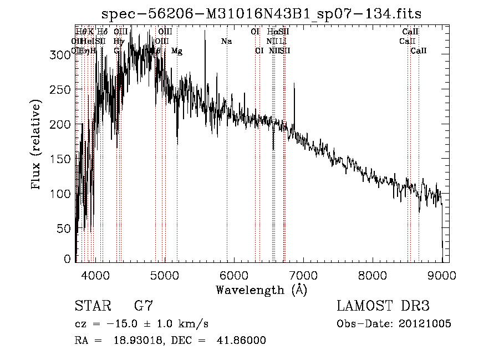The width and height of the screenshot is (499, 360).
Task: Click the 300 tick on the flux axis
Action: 57,55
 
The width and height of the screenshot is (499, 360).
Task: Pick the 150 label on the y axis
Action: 57,159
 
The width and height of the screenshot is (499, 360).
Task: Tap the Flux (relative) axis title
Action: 37,145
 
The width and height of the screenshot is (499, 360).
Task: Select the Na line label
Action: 226,41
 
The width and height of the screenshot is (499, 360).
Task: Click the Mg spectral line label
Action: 176,51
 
